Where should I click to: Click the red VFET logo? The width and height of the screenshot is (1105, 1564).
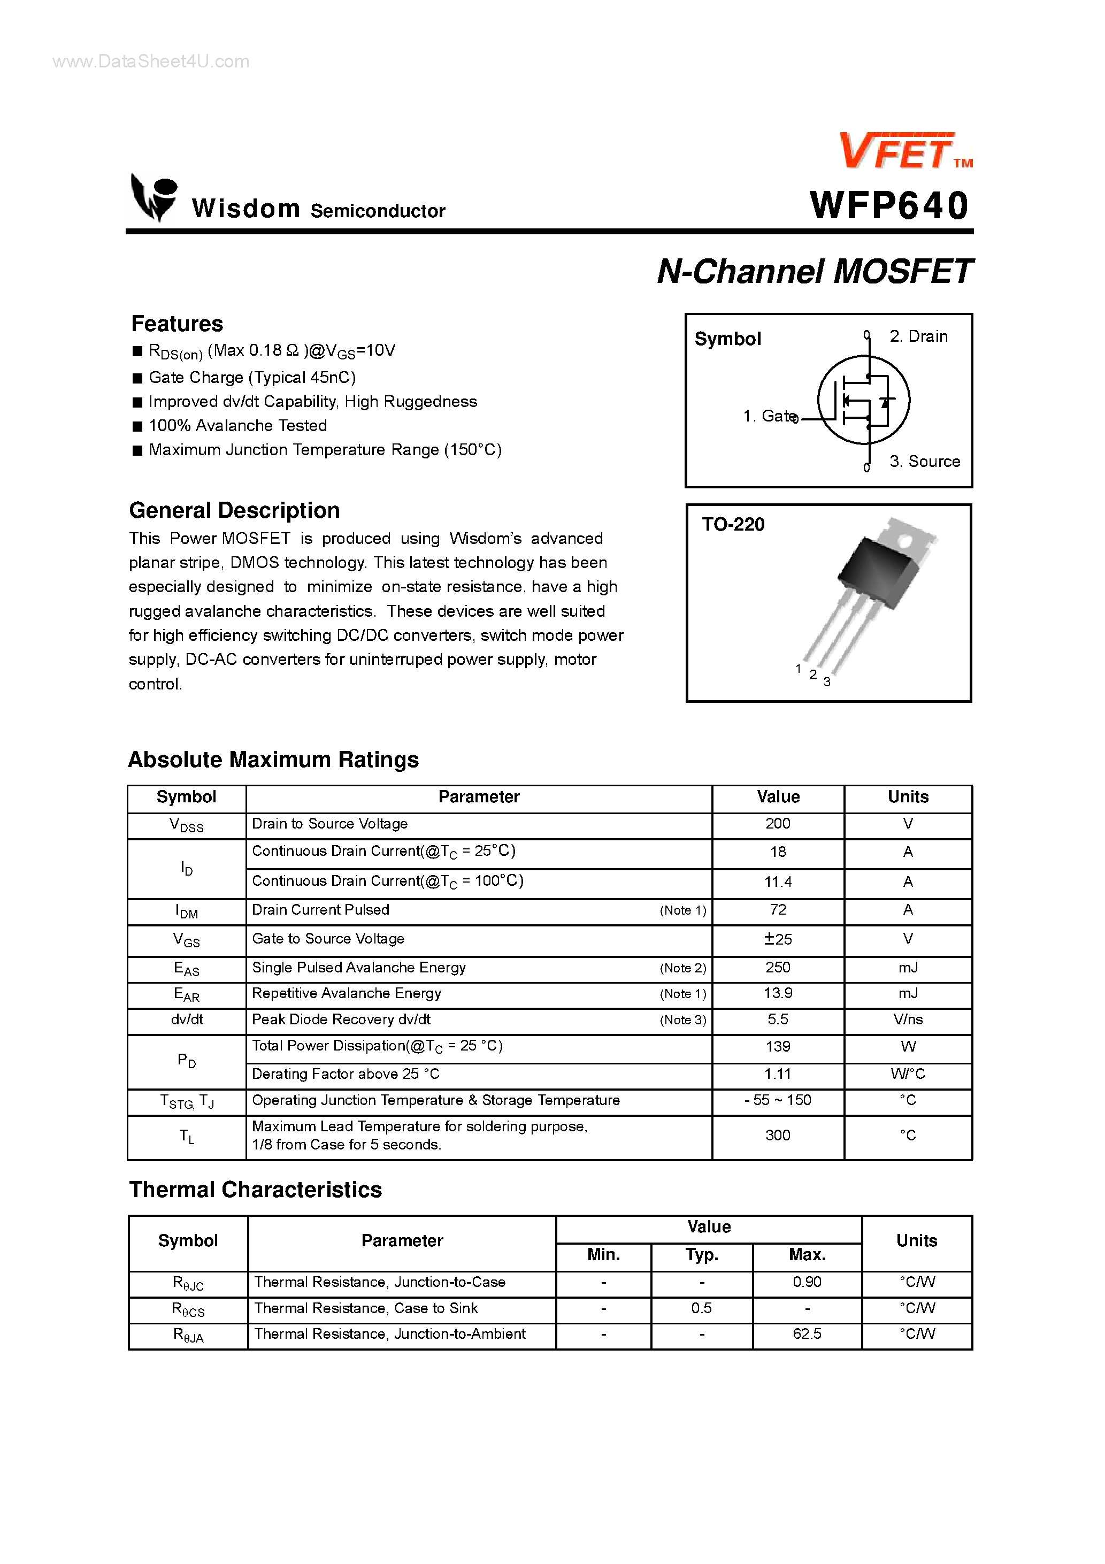click(898, 151)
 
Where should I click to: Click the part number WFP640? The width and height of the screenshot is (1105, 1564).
click(889, 206)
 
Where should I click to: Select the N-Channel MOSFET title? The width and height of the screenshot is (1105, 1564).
click(814, 271)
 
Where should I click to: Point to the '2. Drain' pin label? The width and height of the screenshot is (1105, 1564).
click(918, 336)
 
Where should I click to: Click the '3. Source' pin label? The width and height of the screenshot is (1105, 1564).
click(924, 462)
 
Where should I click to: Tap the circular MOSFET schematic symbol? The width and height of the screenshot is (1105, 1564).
click(863, 400)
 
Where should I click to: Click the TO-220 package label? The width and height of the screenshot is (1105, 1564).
click(733, 525)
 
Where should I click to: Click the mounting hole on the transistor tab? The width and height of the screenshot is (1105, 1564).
click(906, 542)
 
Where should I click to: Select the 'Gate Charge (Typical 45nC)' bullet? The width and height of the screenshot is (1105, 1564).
click(252, 378)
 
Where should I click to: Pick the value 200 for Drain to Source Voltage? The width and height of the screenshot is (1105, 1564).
click(777, 824)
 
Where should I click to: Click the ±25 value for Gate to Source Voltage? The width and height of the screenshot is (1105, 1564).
click(777, 939)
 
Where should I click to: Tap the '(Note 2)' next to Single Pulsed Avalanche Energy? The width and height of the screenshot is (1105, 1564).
click(682, 968)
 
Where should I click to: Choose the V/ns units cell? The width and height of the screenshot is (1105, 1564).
click(908, 1019)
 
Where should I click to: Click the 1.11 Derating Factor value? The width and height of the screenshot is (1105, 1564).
click(777, 1074)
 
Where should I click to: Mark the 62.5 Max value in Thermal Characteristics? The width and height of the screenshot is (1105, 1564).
click(807, 1334)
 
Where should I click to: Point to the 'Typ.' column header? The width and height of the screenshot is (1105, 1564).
click(702, 1255)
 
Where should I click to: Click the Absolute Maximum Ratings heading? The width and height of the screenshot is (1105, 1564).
click(273, 760)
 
